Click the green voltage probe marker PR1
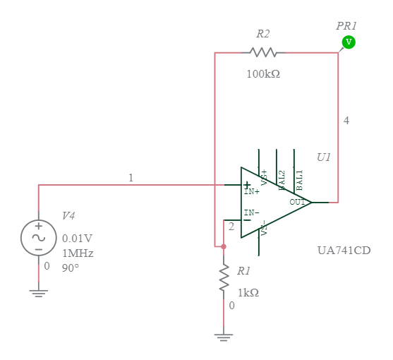[348, 42]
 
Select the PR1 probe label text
[346, 25]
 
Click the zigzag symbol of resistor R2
[263, 52]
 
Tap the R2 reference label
[262, 33]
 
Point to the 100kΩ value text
[262, 73]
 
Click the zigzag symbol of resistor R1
[224, 278]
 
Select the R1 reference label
[243, 270]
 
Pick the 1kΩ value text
[248, 292]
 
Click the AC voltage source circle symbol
[39, 237]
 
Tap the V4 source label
[68, 216]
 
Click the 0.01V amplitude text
[77, 238]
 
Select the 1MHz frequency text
[78, 253]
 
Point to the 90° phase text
[71, 268]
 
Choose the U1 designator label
[323, 157]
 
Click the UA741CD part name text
[344, 251]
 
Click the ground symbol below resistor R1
[224, 337]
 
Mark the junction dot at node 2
[224, 247]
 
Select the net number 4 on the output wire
[346, 121]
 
